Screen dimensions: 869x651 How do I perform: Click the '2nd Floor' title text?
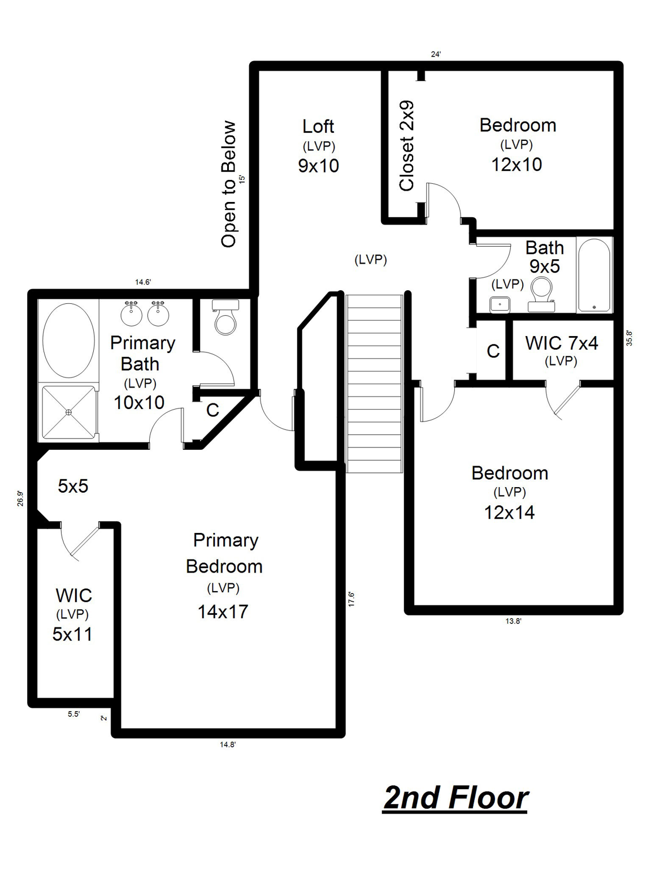click(455, 798)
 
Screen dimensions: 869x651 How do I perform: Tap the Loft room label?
click(318, 126)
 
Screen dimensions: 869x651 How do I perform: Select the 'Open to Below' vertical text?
click(228, 184)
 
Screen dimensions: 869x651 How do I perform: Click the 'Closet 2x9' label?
click(407, 146)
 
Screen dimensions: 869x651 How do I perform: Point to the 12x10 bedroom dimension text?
click(517, 165)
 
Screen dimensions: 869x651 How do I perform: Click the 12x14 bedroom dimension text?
click(509, 513)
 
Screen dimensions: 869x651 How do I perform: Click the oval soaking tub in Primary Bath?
click(68, 341)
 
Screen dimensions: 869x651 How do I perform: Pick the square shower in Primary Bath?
click(68, 412)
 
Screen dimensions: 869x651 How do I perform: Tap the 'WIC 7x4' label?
click(561, 343)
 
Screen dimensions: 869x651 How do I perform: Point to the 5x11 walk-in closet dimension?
click(72, 634)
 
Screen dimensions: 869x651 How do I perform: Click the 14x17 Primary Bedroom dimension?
click(223, 612)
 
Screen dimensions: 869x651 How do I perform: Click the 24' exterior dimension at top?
click(436, 54)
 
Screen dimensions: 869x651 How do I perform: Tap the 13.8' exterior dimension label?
click(513, 621)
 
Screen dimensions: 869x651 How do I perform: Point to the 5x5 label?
click(73, 486)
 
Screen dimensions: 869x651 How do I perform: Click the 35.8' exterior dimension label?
click(629, 338)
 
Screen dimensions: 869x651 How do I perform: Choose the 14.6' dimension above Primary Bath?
click(143, 282)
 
